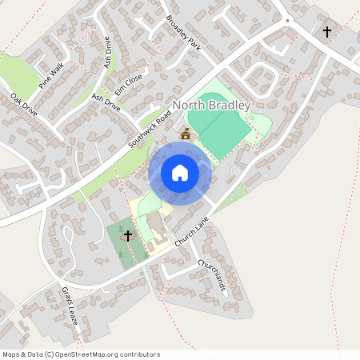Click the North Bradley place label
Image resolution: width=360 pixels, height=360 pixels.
(212, 106)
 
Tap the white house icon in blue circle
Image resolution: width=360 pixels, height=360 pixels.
(180, 173)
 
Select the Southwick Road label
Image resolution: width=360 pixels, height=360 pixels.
(150, 133)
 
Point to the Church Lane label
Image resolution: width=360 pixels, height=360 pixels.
(192, 234)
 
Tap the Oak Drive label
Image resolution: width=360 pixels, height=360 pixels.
(24, 106)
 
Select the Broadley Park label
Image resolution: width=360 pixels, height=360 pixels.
(182, 33)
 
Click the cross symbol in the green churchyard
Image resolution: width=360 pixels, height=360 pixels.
(127, 236)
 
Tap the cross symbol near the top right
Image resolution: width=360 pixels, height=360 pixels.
(326, 32)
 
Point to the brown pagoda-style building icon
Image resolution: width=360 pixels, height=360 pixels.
(186, 134)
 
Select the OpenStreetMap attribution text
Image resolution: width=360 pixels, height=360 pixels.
(80, 354)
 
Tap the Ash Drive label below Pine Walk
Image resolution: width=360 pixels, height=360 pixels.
(106, 102)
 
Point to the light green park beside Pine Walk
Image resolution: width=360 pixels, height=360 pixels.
(20, 72)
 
